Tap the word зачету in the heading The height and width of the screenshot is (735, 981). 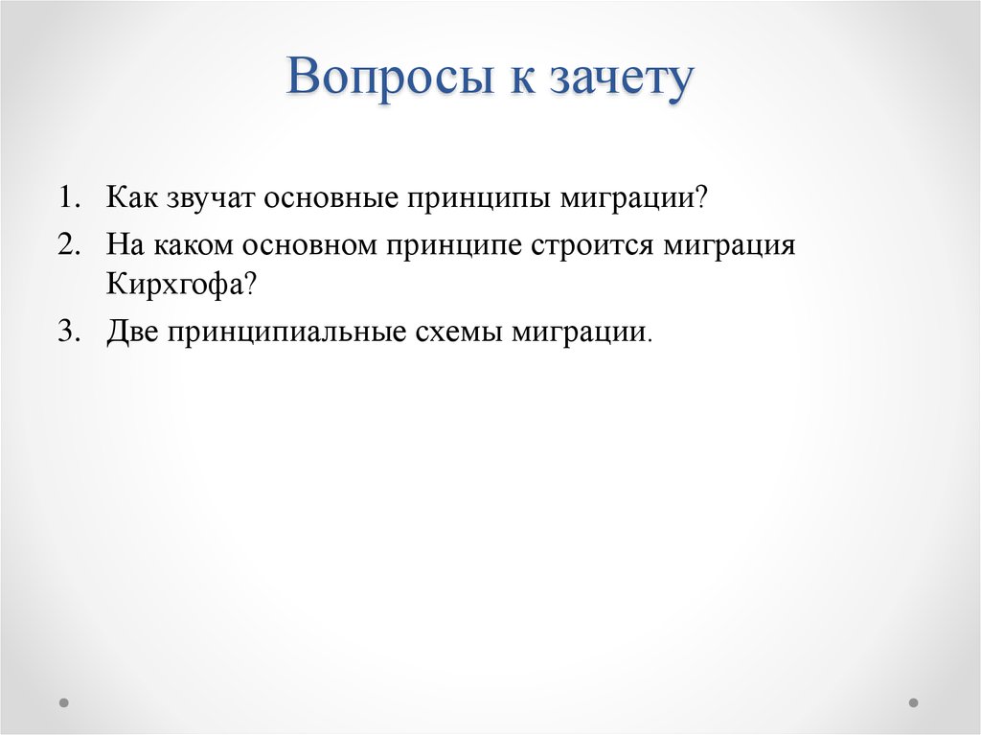[620, 80]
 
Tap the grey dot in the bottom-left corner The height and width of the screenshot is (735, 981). [64, 701]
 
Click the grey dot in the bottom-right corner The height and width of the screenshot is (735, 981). [914, 701]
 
